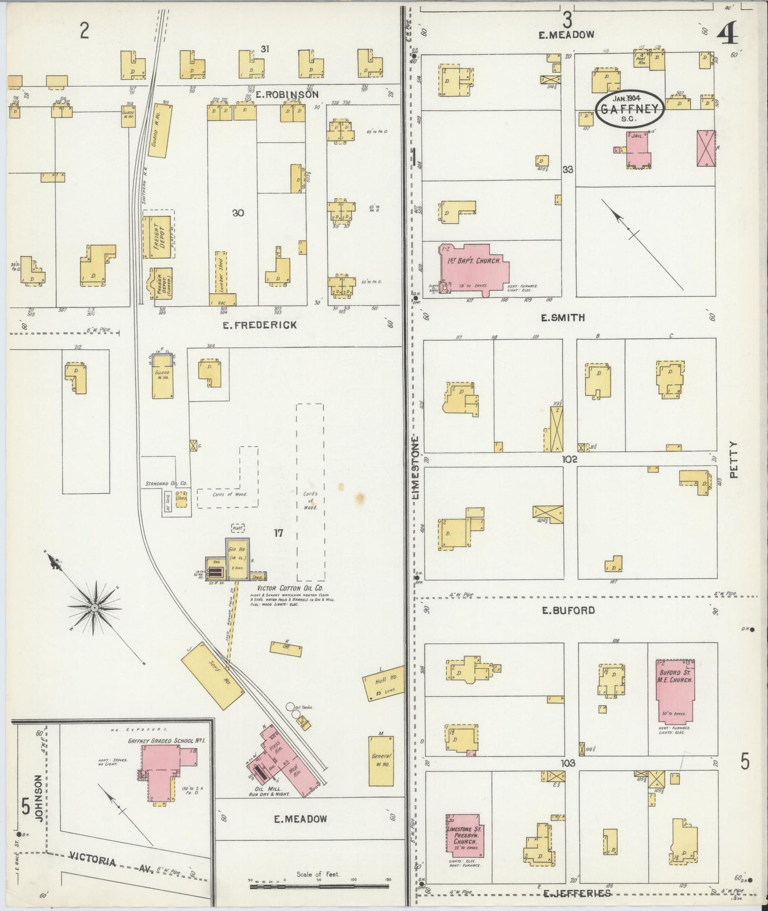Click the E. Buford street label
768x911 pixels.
click(568, 610)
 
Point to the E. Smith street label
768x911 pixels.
click(563, 318)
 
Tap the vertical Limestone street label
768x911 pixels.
click(416, 468)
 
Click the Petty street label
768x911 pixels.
click(734, 460)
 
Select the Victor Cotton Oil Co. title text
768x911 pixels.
click(290, 589)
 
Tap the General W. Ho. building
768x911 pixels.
click(381, 761)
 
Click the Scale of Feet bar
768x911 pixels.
click(319, 886)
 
